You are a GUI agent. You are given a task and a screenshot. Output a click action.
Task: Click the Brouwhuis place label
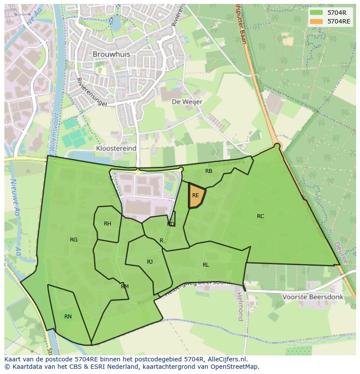click(x=111, y=54)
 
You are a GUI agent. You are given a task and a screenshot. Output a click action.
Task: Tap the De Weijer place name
click(x=187, y=102)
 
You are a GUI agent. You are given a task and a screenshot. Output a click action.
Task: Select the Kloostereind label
click(x=116, y=148)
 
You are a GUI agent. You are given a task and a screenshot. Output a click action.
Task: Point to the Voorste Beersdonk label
click(x=313, y=297)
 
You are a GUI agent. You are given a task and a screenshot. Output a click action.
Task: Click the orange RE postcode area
click(x=196, y=196)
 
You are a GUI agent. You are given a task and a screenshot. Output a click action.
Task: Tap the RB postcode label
click(x=209, y=171)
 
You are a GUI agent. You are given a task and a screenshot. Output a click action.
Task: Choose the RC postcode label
click(x=260, y=216)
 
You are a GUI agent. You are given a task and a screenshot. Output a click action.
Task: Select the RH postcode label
click(x=107, y=224)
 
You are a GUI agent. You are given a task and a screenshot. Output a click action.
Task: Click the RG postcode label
click(x=74, y=240)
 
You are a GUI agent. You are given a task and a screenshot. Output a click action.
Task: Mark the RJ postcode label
click(x=150, y=261)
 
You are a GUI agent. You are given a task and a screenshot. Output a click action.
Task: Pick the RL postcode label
click(x=206, y=265)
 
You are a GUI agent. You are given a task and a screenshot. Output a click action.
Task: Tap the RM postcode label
click(x=125, y=287)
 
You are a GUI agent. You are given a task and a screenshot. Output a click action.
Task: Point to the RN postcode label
click(x=68, y=317)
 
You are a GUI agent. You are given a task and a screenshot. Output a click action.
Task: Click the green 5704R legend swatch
click(x=317, y=13)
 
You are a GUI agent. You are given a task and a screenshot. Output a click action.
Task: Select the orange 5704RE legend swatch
click(x=317, y=21)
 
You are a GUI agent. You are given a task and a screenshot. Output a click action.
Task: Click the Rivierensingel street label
click(x=91, y=92)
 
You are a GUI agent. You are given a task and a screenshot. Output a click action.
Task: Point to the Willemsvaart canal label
click(x=53, y=139)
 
